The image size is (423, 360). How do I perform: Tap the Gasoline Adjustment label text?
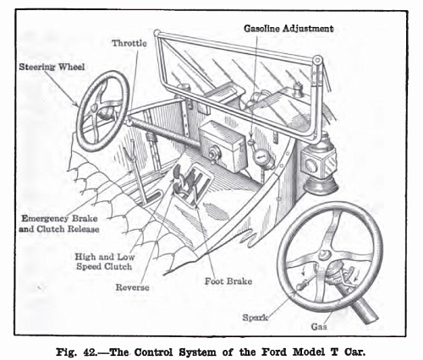tap(288, 28)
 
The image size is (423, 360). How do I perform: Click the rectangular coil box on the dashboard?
tap(222, 143)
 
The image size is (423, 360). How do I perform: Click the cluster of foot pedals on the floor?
tap(189, 183)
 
